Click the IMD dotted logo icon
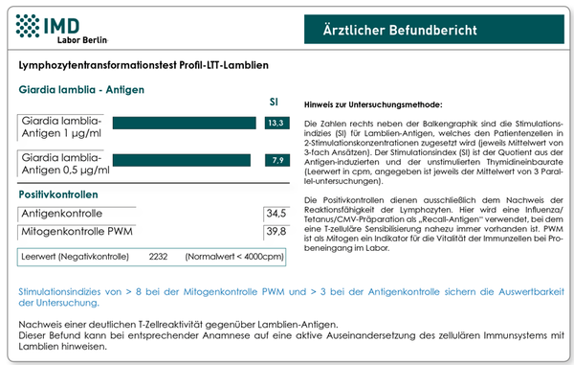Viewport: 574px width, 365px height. click(x=28, y=26)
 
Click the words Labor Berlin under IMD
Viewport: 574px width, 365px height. click(x=82, y=40)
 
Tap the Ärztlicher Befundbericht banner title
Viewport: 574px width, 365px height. click(x=400, y=30)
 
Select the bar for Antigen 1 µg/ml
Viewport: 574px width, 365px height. click(x=184, y=123)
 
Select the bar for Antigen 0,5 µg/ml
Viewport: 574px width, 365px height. click(x=182, y=160)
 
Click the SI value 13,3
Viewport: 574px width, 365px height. click(x=276, y=123)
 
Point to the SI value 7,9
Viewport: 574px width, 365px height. click(x=277, y=160)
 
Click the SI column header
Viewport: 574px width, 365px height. click(x=274, y=102)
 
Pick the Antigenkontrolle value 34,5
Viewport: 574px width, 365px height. click(x=276, y=214)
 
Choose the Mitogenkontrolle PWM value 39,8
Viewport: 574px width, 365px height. click(x=276, y=231)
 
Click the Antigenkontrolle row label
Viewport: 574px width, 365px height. click(x=62, y=214)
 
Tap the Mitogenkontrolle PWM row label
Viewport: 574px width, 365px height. click(x=77, y=231)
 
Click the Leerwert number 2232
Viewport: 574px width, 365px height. click(x=158, y=257)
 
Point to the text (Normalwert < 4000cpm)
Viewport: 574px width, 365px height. click(x=234, y=257)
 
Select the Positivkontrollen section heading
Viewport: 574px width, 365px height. click(x=58, y=194)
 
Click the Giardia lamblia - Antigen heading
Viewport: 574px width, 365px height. click(x=81, y=90)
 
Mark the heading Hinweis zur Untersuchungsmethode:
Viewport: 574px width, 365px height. click(x=373, y=104)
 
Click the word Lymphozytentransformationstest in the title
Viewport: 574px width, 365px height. click(x=97, y=65)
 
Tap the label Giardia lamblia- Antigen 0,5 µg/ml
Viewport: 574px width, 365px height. click(x=65, y=164)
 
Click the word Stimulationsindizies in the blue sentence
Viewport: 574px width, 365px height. click(x=59, y=292)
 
